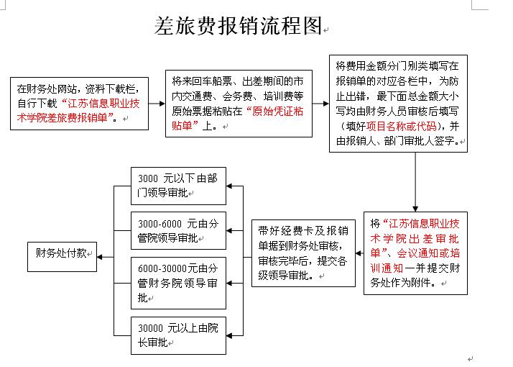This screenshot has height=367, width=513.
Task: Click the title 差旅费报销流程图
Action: point(239,26)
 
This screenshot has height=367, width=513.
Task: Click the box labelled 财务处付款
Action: point(63,257)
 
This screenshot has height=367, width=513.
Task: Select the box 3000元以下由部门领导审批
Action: point(178,186)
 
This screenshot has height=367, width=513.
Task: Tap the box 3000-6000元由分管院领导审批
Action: point(178,231)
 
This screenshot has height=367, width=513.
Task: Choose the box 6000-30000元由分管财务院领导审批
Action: point(178,283)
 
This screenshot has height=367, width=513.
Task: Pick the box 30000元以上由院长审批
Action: point(178,335)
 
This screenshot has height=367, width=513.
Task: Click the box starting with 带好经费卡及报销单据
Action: point(303,253)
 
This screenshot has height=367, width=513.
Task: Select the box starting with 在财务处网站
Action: point(79,104)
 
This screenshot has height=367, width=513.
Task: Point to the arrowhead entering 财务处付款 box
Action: point(100,257)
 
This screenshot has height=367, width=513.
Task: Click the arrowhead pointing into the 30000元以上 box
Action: point(229,335)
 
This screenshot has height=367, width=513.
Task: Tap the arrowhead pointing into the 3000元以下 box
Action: point(229,186)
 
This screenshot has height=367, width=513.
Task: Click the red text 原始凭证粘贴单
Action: point(238,118)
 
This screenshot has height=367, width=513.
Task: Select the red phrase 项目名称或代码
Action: point(401,126)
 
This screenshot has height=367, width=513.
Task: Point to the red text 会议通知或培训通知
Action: point(415,260)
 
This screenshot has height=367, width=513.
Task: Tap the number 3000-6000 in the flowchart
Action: point(160,224)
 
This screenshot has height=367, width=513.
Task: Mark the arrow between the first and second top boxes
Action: point(157,104)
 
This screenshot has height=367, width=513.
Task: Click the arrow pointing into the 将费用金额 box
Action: point(320,104)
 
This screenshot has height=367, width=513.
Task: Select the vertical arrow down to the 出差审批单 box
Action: point(415,182)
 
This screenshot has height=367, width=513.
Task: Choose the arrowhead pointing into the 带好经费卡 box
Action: point(359,253)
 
